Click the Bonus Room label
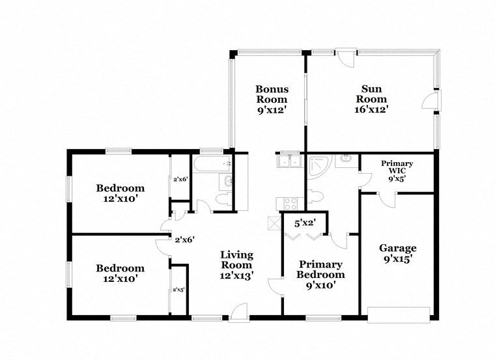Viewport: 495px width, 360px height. pos(272,100)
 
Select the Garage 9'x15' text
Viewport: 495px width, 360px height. pos(398,253)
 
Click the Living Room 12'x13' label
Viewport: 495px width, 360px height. pos(236,265)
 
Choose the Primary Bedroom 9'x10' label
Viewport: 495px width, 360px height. pos(320,270)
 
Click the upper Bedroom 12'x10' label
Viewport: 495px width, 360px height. pos(120,193)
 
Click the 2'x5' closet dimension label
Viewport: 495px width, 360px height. pos(178,290)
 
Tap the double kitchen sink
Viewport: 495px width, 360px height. pos(287,161)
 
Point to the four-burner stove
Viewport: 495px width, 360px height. pos(287,202)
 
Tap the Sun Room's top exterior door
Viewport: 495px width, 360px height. pos(345,56)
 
